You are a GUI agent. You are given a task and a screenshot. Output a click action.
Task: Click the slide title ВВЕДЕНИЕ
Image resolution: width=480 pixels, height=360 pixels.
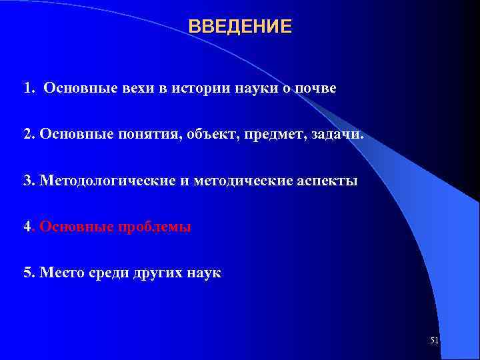(x=240, y=27)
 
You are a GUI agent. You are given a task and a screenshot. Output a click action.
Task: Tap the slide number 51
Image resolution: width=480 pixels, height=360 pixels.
(x=434, y=341)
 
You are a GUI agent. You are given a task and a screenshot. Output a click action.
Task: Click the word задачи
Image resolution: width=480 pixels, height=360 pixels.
(x=339, y=135)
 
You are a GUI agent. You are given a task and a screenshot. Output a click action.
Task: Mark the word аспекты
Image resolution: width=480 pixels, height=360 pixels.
(x=325, y=181)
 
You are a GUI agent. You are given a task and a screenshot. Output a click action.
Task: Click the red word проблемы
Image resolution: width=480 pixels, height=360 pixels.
(x=155, y=227)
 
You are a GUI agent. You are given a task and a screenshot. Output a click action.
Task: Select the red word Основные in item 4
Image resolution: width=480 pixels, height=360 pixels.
(x=77, y=227)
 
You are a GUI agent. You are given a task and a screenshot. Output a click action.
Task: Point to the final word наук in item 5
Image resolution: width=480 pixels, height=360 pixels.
(x=205, y=273)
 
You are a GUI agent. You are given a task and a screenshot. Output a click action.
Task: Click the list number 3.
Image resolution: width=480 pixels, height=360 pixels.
(x=27, y=181)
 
